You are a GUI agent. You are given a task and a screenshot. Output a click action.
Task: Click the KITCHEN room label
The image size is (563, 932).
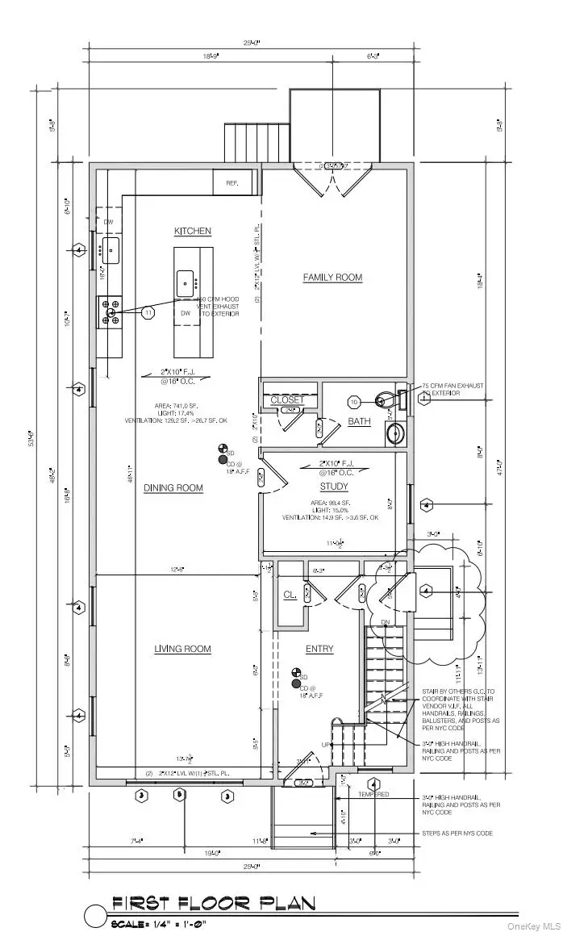coord(193,232)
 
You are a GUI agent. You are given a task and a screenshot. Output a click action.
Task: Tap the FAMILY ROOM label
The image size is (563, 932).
coord(332,278)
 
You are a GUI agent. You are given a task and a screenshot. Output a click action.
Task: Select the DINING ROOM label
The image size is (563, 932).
coord(173,488)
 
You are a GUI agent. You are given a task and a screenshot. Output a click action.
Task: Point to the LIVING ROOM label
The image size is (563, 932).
coord(182,649)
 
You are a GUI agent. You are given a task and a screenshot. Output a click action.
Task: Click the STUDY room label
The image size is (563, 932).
coord(334,487)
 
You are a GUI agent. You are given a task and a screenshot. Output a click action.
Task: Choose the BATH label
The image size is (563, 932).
coord(359,422)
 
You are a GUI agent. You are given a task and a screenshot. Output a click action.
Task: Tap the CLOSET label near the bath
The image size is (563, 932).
coord(287,399)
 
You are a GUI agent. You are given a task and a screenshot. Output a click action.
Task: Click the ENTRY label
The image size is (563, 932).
coord(319,649)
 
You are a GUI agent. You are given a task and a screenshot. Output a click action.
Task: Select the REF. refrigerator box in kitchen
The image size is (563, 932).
coord(232,183)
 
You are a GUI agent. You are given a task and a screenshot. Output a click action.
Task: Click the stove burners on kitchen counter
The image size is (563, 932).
coord(109,312)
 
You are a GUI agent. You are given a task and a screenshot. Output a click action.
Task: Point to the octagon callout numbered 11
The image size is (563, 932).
coord(148,311)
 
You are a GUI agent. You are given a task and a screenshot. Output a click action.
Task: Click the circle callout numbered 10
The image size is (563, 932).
coord(353,401)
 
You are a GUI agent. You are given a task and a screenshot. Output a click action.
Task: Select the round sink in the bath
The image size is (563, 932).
coord(395,433)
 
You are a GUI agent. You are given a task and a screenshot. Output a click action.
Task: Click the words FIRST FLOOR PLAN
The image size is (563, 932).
coord(213,903)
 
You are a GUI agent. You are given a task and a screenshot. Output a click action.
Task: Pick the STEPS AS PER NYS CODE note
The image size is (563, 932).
coord(457,833)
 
